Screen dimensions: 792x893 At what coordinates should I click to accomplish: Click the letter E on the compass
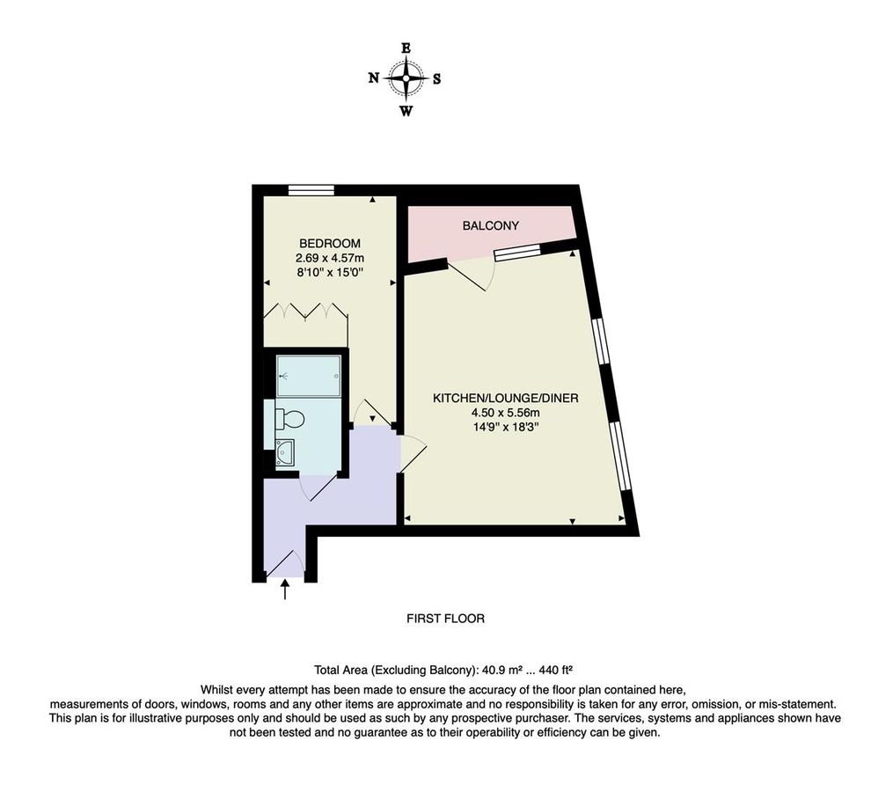(x=406, y=48)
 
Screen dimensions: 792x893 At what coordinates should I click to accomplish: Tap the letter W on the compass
(x=406, y=111)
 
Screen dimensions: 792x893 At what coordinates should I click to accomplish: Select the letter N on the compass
(x=374, y=78)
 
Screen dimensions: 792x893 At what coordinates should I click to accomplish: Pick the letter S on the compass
(x=436, y=78)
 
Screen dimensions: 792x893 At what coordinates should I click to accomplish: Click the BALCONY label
(x=491, y=226)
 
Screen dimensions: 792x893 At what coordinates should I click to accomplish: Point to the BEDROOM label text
(x=330, y=244)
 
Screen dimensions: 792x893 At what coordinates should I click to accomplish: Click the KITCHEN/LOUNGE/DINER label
(x=505, y=399)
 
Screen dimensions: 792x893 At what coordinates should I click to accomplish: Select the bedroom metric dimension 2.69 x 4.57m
(x=330, y=258)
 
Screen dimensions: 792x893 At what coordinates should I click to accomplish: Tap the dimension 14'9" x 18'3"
(x=505, y=427)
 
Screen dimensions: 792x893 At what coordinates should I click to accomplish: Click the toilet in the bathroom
(x=290, y=419)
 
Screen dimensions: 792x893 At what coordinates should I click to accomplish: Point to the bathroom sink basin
(x=285, y=454)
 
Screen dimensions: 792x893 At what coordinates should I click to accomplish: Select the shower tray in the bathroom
(x=308, y=376)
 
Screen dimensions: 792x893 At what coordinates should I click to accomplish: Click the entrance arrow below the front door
(x=284, y=589)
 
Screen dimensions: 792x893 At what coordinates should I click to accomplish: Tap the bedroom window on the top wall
(x=311, y=189)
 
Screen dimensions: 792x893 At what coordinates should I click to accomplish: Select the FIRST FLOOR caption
(x=445, y=619)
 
